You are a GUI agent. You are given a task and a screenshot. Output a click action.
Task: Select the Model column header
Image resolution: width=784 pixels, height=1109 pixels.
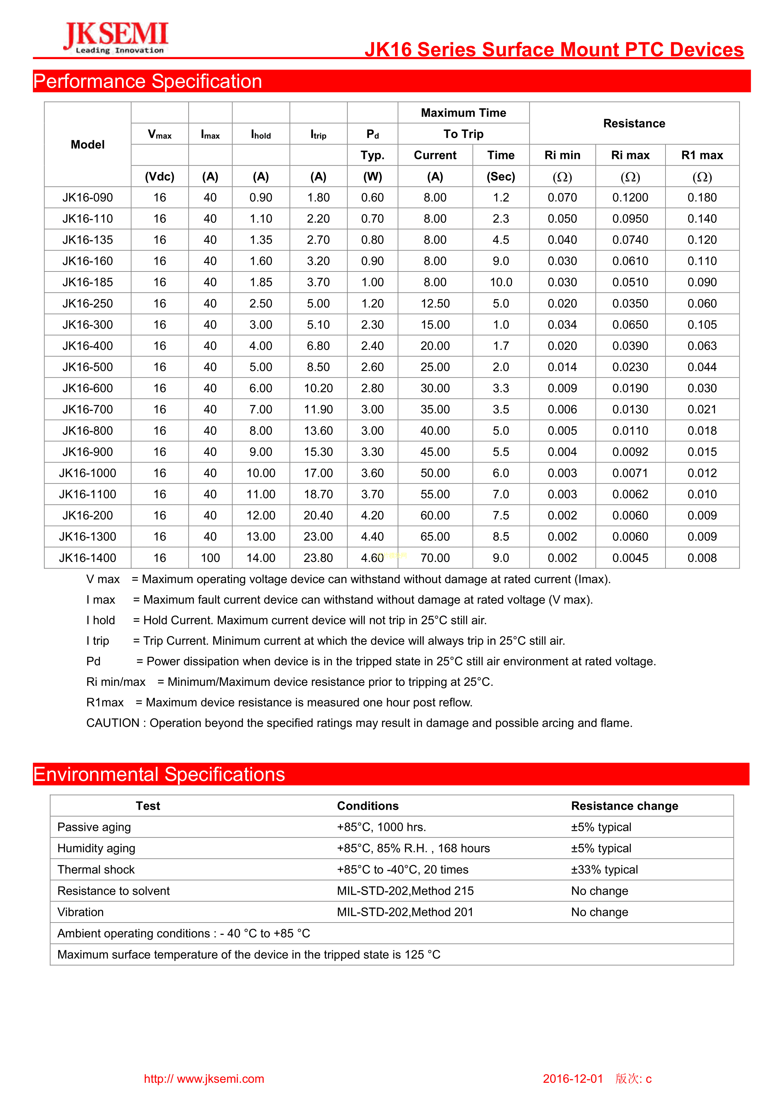(x=88, y=144)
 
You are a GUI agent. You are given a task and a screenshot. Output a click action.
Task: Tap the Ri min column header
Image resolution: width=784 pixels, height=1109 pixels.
(x=562, y=155)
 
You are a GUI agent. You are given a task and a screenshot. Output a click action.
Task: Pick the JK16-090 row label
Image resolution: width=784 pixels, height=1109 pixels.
(x=88, y=198)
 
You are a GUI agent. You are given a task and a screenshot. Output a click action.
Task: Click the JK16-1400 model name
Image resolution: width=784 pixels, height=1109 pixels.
(x=88, y=558)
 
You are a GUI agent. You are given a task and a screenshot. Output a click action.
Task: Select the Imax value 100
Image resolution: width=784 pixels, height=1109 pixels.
(x=210, y=558)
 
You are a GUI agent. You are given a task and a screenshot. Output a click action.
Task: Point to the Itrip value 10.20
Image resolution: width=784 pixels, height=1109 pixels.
(x=318, y=388)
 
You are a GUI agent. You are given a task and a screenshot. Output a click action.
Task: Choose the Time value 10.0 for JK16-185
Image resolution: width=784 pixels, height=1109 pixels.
(x=501, y=282)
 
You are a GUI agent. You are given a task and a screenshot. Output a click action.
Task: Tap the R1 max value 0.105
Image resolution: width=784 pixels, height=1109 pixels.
(x=702, y=325)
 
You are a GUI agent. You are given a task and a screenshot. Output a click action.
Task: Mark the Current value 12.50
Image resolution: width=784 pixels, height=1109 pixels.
(x=435, y=303)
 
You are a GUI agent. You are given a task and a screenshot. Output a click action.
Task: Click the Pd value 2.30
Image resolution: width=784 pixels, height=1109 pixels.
(x=373, y=325)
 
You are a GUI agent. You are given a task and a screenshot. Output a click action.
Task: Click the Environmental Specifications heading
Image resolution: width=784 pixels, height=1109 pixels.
(x=159, y=774)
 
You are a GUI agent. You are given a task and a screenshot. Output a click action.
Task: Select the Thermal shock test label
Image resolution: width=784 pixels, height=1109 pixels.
(x=96, y=869)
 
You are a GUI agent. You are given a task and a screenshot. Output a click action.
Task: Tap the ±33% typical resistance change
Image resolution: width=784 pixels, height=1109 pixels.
(x=604, y=869)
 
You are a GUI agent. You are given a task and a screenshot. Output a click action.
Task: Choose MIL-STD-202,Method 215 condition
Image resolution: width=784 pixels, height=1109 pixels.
(x=405, y=891)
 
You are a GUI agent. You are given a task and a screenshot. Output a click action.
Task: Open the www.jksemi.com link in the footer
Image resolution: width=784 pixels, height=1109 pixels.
(x=204, y=1079)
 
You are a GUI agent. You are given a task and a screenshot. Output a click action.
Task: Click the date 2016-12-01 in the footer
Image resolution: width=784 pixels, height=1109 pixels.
(x=573, y=1079)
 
